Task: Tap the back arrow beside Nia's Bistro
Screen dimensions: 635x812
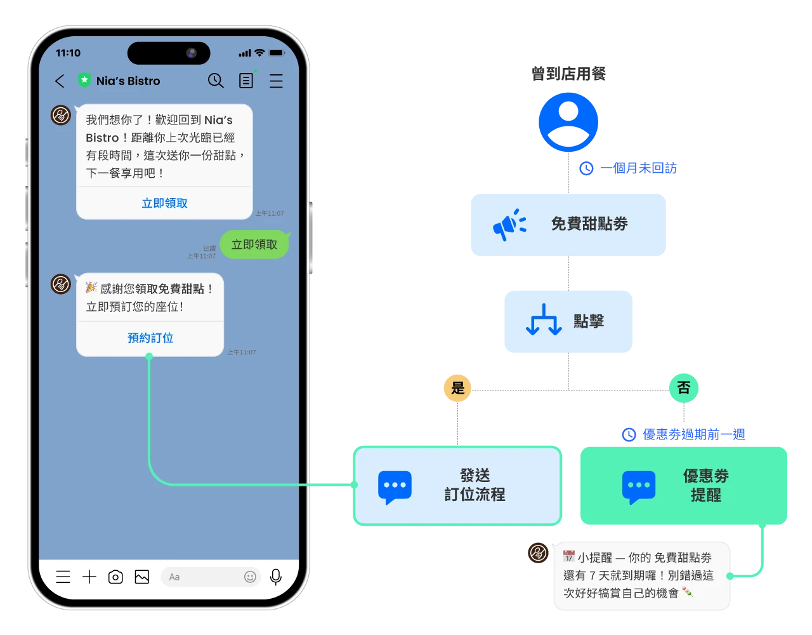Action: pyautogui.click(x=60, y=81)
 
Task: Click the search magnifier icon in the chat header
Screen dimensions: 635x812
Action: pyautogui.click(x=216, y=81)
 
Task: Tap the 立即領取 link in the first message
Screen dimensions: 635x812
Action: pyautogui.click(x=164, y=203)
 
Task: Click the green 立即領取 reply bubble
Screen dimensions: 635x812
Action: pyautogui.click(x=254, y=244)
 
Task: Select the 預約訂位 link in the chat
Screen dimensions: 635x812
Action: pyautogui.click(x=150, y=338)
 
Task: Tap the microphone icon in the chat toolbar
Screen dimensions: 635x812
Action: pyautogui.click(x=275, y=577)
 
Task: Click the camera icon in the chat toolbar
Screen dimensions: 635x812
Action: pyautogui.click(x=115, y=577)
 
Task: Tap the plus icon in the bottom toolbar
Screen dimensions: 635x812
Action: pyautogui.click(x=89, y=577)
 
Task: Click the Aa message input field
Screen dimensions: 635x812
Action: pyautogui.click(x=200, y=577)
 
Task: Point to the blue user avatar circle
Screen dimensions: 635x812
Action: pyautogui.click(x=568, y=122)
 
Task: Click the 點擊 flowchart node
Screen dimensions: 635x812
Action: pyautogui.click(x=568, y=322)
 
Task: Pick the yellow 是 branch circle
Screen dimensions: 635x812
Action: pyautogui.click(x=457, y=387)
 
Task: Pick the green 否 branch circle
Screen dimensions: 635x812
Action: pyautogui.click(x=683, y=387)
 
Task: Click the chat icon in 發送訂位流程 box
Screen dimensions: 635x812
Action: pyautogui.click(x=395, y=487)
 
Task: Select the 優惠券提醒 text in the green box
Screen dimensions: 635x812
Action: pyautogui.click(x=705, y=485)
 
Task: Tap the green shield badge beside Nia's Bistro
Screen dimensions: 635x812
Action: pyautogui.click(x=84, y=81)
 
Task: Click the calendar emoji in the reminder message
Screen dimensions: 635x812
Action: pyautogui.click(x=569, y=557)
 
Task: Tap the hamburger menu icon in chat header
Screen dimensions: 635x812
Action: pyautogui.click(x=276, y=81)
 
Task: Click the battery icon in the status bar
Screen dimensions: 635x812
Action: pyautogui.click(x=277, y=53)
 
